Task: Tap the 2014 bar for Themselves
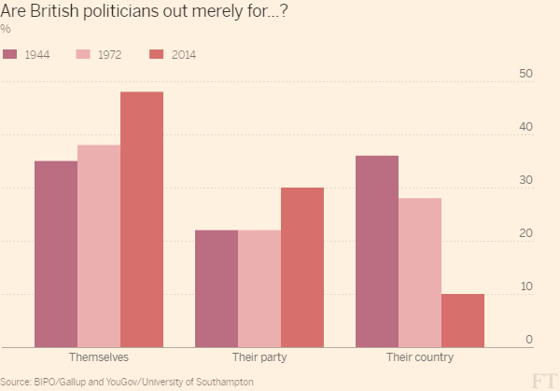[x=142, y=219]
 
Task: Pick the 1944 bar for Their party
[x=217, y=288]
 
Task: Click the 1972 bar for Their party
[x=259, y=288]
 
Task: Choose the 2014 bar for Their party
[x=302, y=267]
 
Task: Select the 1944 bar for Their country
[x=377, y=251]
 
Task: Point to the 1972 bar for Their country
[x=420, y=272]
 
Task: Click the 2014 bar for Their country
[x=463, y=320]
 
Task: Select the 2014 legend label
[x=184, y=54]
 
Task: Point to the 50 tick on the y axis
[x=525, y=74]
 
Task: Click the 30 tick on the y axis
[x=525, y=180]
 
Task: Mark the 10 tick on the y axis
[x=525, y=286]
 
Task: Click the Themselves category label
[x=99, y=358]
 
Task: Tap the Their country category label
[x=420, y=358]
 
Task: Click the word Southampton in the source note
[x=224, y=382]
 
